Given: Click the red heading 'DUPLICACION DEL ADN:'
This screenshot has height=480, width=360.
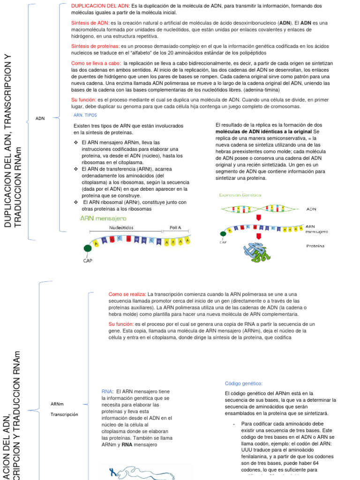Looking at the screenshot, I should pos(100,6).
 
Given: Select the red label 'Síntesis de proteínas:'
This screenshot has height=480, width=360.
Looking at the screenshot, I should pos(95,46).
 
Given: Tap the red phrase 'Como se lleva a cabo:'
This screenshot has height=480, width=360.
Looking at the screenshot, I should pos(96,63).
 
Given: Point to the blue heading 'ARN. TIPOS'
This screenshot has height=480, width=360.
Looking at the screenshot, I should pos(86,115).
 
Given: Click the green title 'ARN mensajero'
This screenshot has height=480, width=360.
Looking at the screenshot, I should pos(103,218).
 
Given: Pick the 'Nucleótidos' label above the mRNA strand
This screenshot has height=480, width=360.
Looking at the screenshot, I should pos(121,227).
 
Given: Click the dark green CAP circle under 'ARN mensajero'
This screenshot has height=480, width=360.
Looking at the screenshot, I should pos(88,248).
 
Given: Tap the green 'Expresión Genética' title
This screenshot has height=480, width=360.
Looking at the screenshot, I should pos(241,195).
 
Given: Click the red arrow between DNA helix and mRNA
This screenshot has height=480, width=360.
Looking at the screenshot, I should pos(258,217).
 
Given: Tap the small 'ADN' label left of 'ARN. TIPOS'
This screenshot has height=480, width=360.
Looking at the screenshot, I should pos(40,119).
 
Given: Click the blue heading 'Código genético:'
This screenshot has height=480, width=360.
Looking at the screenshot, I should pos(244,383).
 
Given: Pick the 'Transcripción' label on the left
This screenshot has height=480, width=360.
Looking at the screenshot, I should pos(64,414).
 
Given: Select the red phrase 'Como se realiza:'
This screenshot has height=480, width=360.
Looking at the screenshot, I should pos(127,294).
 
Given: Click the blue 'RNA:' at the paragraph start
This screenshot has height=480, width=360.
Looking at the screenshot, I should pos(107,391).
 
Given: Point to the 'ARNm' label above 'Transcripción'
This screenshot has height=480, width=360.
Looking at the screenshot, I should pos(57,404).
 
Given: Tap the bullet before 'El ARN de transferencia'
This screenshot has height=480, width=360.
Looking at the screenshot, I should pos(76,169).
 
